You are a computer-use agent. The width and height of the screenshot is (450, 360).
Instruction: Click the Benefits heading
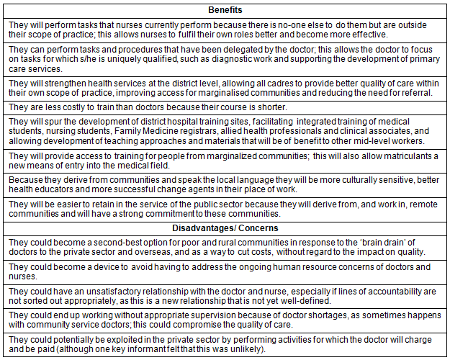(x=225, y=10)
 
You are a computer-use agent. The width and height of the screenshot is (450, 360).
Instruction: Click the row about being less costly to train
(x=143, y=107)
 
